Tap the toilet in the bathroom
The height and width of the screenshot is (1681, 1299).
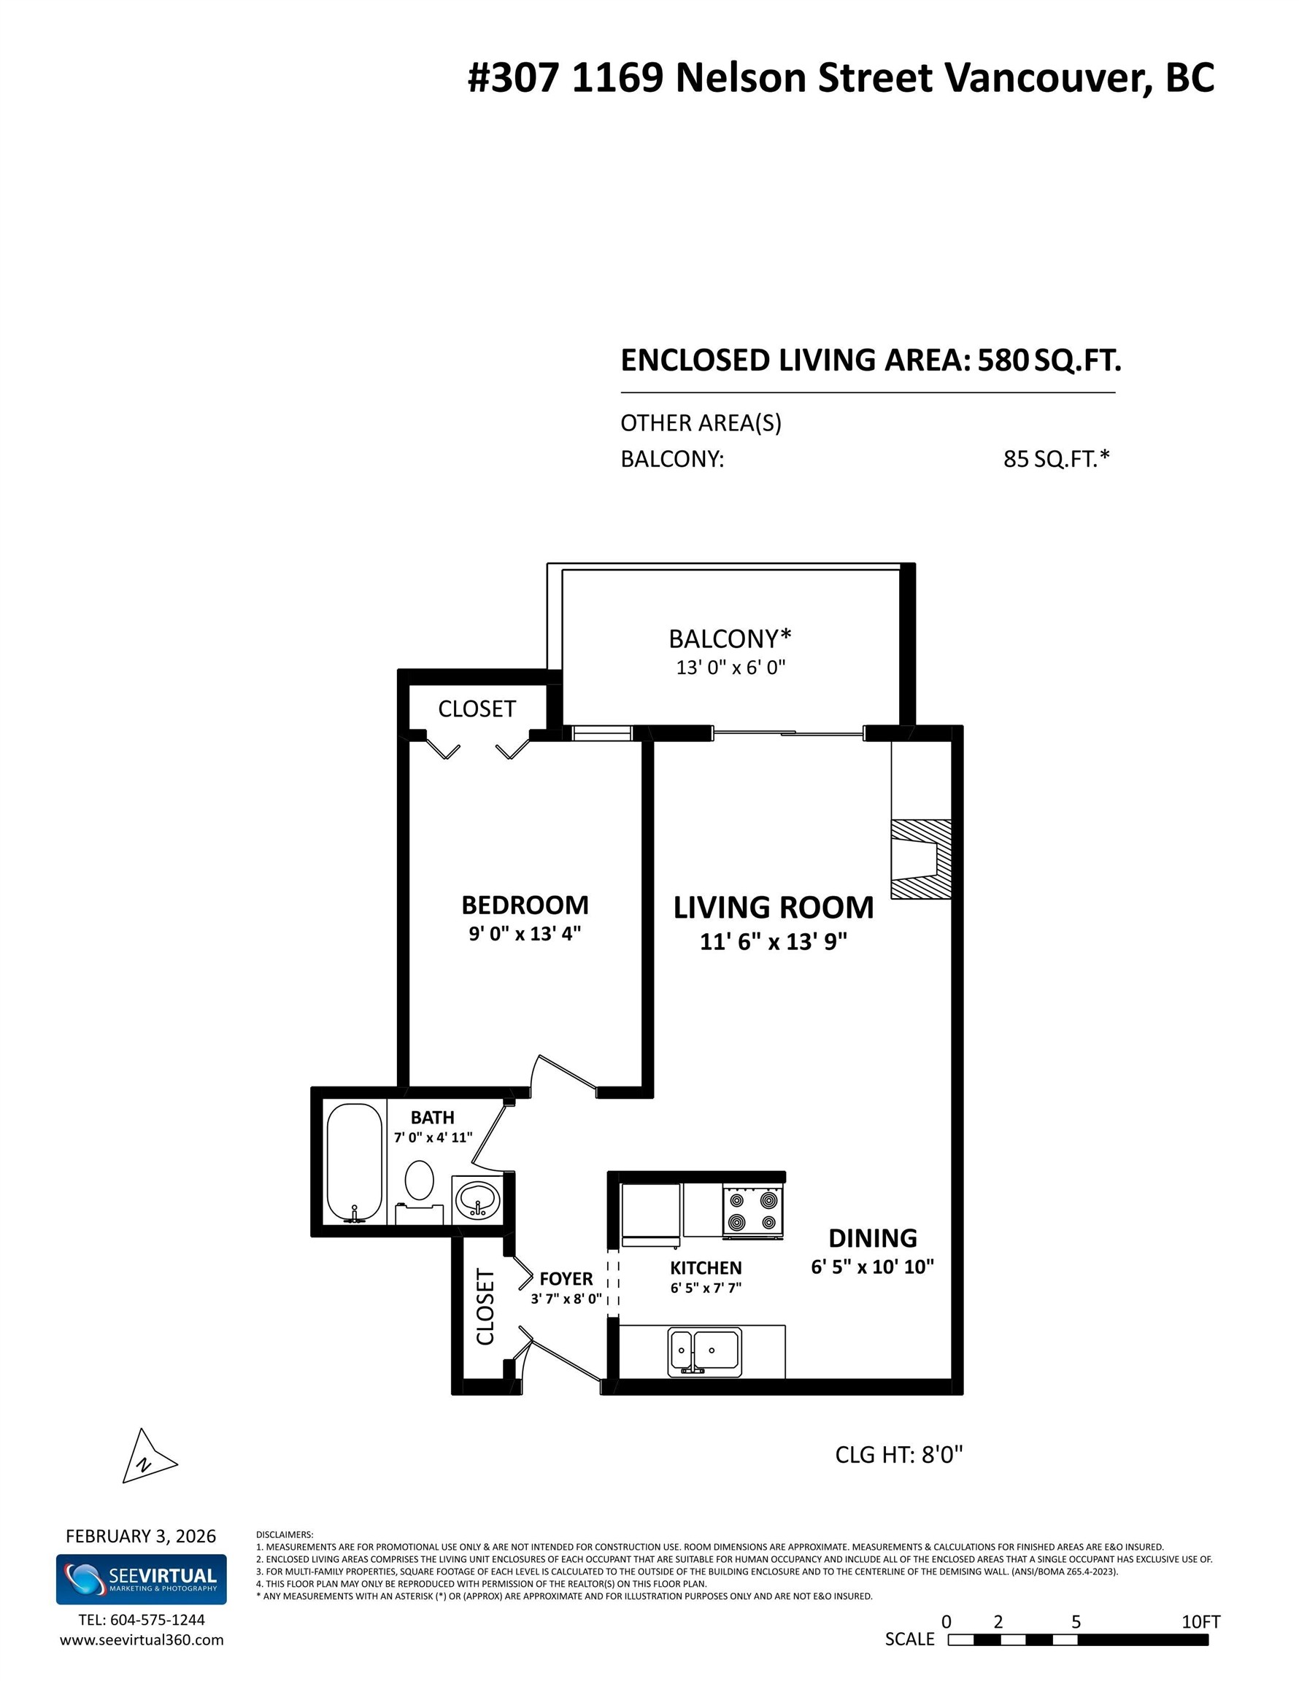419,1189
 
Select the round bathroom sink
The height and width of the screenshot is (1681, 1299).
477,1199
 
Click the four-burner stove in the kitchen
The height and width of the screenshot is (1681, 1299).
753,1210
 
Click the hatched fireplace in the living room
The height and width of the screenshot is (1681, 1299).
920,859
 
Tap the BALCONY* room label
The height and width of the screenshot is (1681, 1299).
729,639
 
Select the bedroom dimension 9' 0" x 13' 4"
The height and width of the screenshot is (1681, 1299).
525,934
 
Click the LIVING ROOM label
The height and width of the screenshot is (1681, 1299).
773,908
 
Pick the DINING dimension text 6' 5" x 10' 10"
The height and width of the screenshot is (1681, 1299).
871,1267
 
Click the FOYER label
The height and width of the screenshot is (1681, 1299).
566,1278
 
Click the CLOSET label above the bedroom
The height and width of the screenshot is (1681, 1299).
477,709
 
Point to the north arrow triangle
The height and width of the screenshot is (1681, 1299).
145,1460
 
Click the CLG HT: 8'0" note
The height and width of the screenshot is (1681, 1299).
898,1455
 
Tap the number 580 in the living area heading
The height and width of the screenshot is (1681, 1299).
1003,360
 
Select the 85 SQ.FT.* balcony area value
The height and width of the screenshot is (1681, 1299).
1056,459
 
